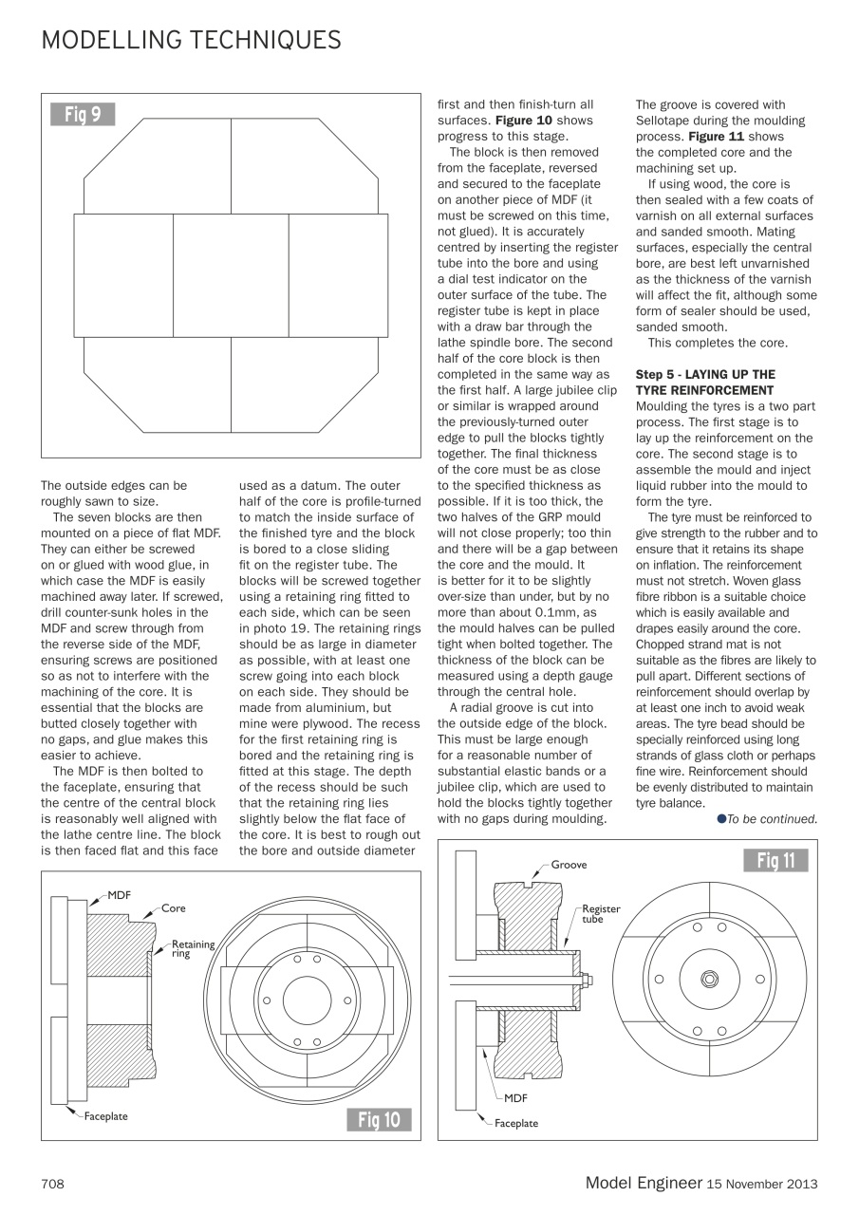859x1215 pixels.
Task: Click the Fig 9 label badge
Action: click(83, 115)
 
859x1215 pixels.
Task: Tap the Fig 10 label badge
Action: click(380, 1120)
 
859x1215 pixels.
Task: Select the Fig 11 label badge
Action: click(775, 861)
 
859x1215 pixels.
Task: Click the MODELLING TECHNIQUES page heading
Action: click(191, 40)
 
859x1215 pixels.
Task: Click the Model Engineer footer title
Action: click(643, 1182)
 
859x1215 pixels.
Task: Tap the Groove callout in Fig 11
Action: click(570, 865)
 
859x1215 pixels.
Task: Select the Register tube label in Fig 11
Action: click(600, 913)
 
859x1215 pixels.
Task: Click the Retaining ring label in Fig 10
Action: click(193, 948)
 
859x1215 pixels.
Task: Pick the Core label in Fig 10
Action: click(174, 908)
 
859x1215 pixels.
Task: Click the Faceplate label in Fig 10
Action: click(105, 1116)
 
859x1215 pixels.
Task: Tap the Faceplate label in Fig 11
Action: click(516, 1123)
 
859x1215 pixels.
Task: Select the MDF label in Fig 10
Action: click(120, 894)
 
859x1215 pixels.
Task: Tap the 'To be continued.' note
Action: click(770, 819)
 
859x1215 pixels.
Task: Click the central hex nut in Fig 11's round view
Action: click(708, 979)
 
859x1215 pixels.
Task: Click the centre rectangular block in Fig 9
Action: click(231, 275)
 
